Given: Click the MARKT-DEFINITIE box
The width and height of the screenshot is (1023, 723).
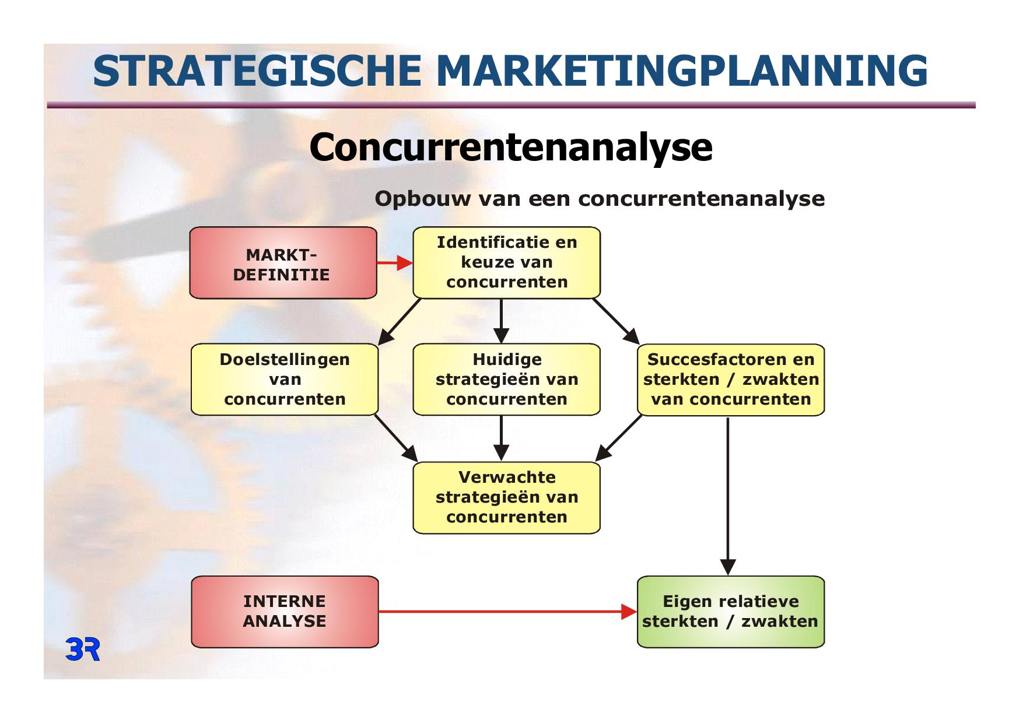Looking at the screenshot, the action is pos(283,263).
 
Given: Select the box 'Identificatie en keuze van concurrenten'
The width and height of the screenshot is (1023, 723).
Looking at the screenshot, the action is pos(506,262).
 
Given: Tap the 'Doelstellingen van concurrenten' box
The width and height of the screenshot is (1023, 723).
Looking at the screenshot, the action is pos(285,380).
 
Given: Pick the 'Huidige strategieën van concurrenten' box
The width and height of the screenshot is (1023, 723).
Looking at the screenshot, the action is pos(506,380).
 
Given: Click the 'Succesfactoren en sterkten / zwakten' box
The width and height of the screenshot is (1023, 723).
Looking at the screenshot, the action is pos(731,380).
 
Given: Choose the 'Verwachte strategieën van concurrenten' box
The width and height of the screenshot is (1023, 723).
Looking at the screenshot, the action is pos(506,498).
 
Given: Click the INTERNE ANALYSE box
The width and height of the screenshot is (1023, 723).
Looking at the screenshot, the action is pos(285,612).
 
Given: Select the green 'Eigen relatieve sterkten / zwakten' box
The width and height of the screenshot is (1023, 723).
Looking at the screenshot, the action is pos(731,612).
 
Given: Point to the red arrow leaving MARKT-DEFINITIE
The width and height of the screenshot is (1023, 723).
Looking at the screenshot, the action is pos(395,263).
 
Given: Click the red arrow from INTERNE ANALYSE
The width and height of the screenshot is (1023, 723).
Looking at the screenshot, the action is pos(507,612).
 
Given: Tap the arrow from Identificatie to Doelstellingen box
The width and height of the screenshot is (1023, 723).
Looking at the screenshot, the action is pos(400,321).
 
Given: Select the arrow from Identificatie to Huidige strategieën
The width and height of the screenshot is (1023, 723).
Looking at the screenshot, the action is pos(501,321).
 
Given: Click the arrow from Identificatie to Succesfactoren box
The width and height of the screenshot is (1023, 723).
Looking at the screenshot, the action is pos(616,321).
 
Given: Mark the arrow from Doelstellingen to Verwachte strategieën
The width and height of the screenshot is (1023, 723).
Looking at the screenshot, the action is pos(396,438).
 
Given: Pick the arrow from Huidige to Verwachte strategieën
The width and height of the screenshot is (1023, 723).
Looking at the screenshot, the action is pos(501,438).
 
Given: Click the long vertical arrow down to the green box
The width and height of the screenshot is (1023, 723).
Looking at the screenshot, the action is pos(728,496).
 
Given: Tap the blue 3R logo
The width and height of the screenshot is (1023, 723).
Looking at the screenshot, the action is pos(83,650).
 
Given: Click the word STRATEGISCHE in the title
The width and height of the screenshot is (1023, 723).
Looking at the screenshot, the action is pos(257,71).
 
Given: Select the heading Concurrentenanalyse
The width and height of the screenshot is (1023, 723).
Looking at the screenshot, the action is pos(511,147).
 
